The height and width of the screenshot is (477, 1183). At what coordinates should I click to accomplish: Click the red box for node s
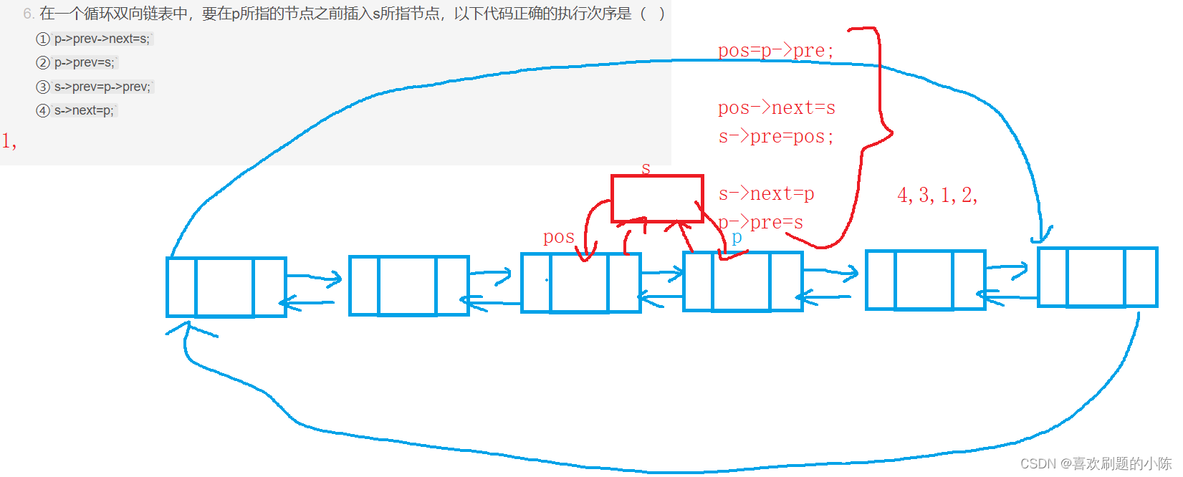(x=657, y=198)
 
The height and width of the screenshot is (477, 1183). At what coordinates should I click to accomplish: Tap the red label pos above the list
(x=558, y=237)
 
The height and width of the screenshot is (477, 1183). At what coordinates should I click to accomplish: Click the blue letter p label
(x=737, y=237)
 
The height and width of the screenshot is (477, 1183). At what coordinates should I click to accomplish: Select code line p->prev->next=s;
(x=102, y=39)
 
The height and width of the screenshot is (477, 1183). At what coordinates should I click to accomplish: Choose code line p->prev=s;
(x=85, y=62)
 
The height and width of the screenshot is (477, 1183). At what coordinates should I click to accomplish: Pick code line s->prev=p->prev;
(x=102, y=87)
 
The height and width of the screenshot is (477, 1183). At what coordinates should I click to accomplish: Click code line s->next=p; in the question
(x=84, y=110)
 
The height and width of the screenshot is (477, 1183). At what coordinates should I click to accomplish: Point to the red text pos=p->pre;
(x=775, y=51)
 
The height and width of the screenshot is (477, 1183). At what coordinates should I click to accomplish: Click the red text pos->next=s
(x=776, y=108)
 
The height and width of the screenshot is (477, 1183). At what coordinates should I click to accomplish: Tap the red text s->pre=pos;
(x=776, y=137)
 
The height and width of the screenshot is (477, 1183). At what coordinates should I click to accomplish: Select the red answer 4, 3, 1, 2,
(x=937, y=195)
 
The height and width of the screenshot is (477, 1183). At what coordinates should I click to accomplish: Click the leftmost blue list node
(x=226, y=286)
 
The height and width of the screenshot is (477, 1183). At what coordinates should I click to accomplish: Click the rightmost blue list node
(x=1097, y=277)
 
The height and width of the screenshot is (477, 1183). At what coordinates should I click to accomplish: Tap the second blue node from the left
(x=408, y=285)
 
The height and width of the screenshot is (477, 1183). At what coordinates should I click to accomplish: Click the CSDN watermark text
(x=1096, y=463)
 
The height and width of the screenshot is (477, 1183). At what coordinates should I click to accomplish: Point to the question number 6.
(x=28, y=14)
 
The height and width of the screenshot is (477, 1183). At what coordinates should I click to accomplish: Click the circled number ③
(x=43, y=87)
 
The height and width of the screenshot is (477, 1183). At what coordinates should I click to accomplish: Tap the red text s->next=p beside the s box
(x=766, y=194)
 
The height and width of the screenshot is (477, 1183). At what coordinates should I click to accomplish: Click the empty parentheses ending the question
(x=652, y=14)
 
